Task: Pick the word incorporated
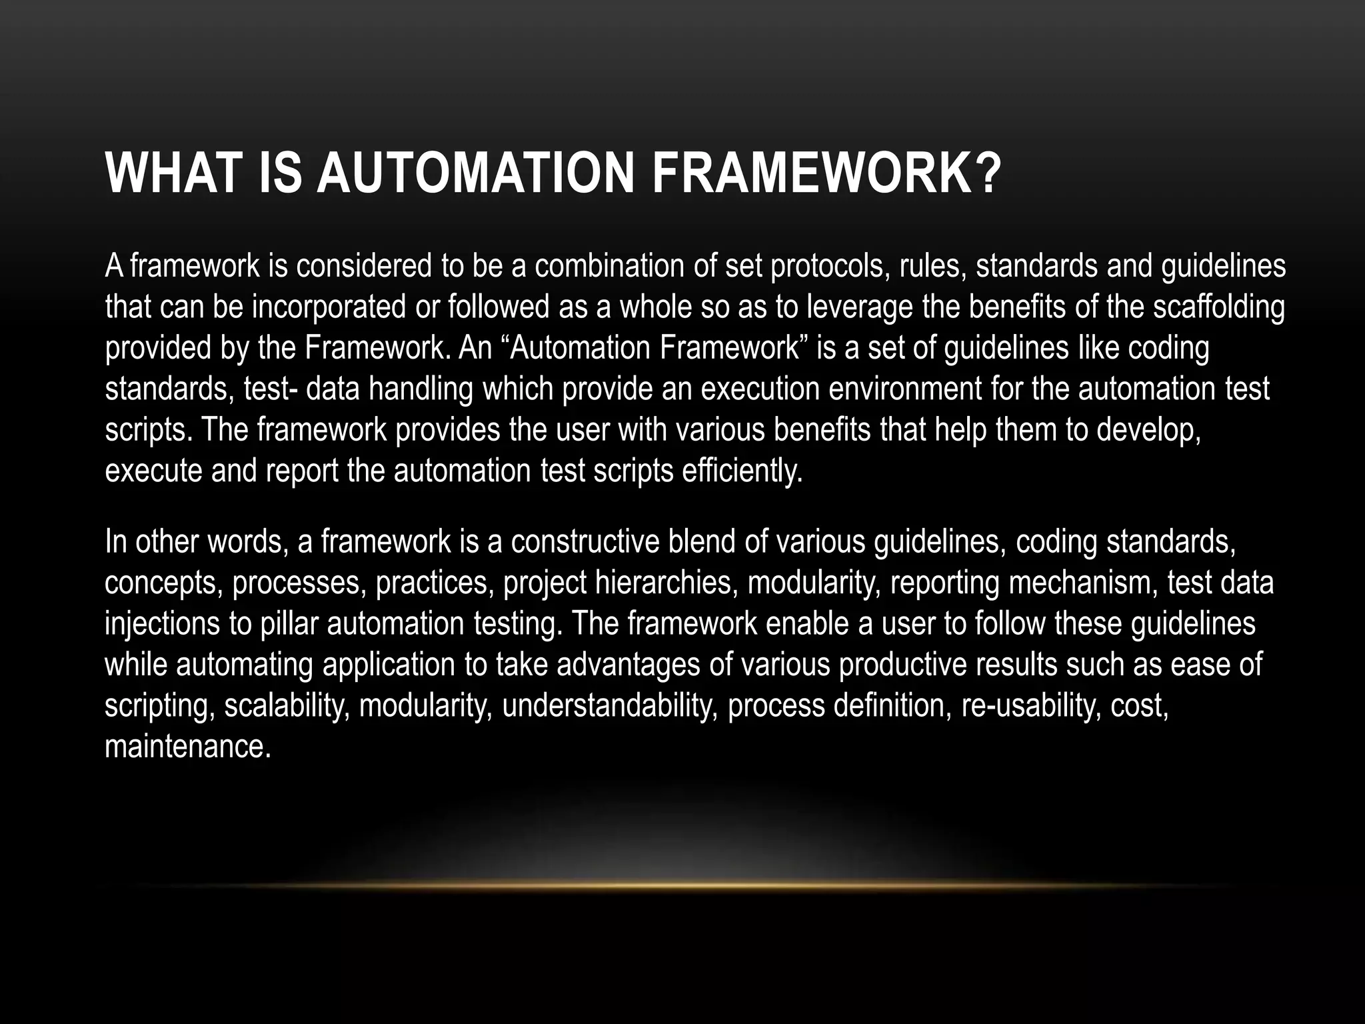[x=329, y=307]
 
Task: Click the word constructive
[x=586, y=542]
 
